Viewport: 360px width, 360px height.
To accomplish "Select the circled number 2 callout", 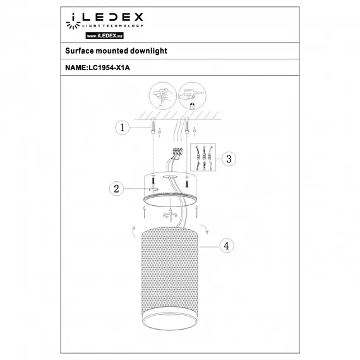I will click(x=115, y=188).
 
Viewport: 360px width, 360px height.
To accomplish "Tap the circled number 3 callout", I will click(x=230, y=158).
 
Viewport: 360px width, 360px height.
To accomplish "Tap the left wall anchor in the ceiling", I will click(x=153, y=129).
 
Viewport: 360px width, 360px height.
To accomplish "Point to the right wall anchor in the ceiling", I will click(x=188, y=129).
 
